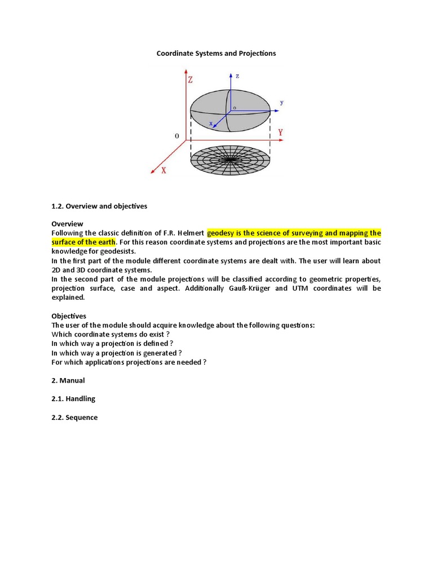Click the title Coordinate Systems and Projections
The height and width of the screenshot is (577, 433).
(216, 53)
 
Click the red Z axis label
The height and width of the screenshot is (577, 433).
(191, 80)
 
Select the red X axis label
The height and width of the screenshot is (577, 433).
(164, 170)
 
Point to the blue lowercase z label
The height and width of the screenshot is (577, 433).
(237, 76)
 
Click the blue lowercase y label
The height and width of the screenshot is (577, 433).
(282, 103)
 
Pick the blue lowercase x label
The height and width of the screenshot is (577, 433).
(211, 122)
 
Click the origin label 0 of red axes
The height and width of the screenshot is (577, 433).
(177, 136)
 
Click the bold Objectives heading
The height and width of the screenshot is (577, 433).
(69, 316)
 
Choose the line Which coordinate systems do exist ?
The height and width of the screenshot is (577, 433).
(111, 335)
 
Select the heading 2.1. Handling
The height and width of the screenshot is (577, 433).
(73, 399)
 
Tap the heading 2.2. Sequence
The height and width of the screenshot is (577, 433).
(74, 418)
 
